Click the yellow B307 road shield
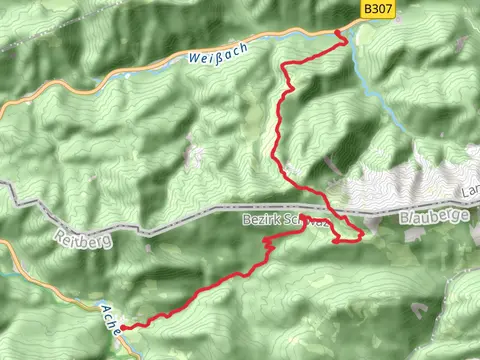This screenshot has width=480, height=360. tap(374, 9)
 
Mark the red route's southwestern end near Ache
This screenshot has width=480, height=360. tap(123, 327)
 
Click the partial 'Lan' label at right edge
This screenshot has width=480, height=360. tap(470, 189)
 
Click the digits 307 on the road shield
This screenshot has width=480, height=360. tap(378, 9)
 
